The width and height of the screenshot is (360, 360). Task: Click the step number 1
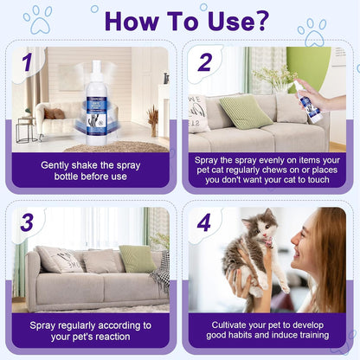[x=27, y=62]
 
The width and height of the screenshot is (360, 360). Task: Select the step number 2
[x=204, y=62]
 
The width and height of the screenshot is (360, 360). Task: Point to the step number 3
[x=27, y=222]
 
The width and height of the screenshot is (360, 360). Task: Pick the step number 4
[x=204, y=222]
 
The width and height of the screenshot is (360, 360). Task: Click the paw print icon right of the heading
[x=311, y=32]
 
